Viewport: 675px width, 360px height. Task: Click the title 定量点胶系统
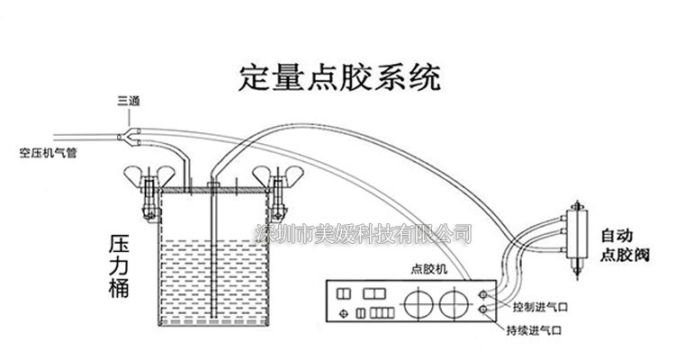338,76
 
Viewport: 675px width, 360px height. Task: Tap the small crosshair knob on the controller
342,311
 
